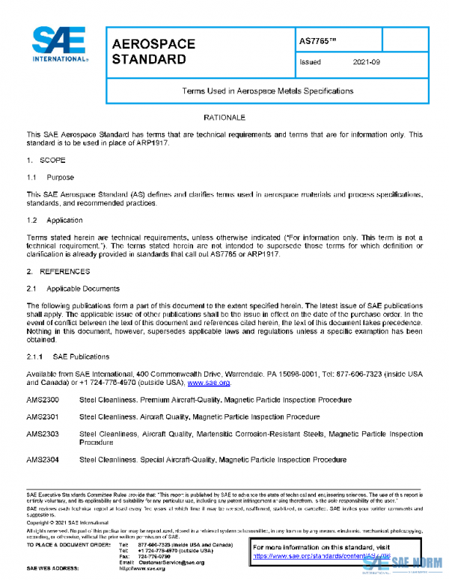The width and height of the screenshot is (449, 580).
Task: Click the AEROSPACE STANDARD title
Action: (x=153, y=52)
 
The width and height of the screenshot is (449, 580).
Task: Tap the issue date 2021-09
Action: (x=367, y=63)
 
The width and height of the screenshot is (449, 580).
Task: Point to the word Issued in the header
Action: (x=310, y=63)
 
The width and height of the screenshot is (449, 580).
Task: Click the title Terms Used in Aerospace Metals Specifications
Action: (x=268, y=90)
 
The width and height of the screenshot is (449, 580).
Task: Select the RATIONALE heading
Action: (x=224, y=118)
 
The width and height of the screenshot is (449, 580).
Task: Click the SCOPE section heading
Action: (x=52, y=161)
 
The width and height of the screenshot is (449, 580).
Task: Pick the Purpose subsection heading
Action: (x=60, y=178)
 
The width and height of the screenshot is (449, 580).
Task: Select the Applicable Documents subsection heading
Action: (x=83, y=289)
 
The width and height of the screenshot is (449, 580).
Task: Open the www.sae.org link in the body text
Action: (x=209, y=383)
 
